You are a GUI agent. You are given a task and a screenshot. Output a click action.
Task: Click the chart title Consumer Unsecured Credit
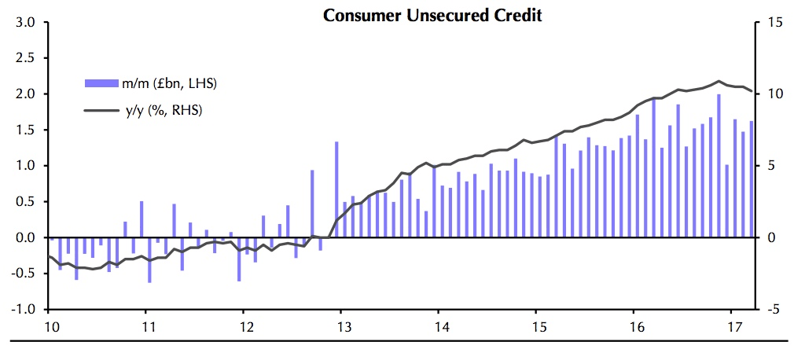[x=432, y=15]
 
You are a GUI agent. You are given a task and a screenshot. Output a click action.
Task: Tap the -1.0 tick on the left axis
[x=23, y=309]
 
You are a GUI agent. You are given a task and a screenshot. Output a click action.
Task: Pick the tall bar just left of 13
[x=336, y=189]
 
